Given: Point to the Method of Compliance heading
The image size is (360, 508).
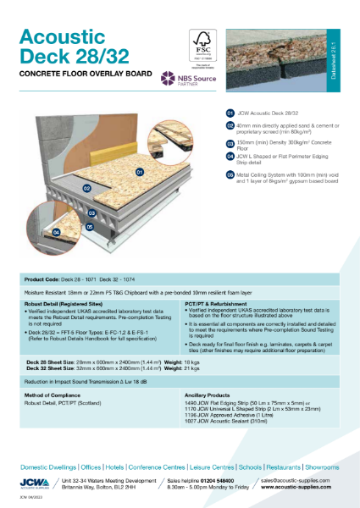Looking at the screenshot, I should click(57, 394).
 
